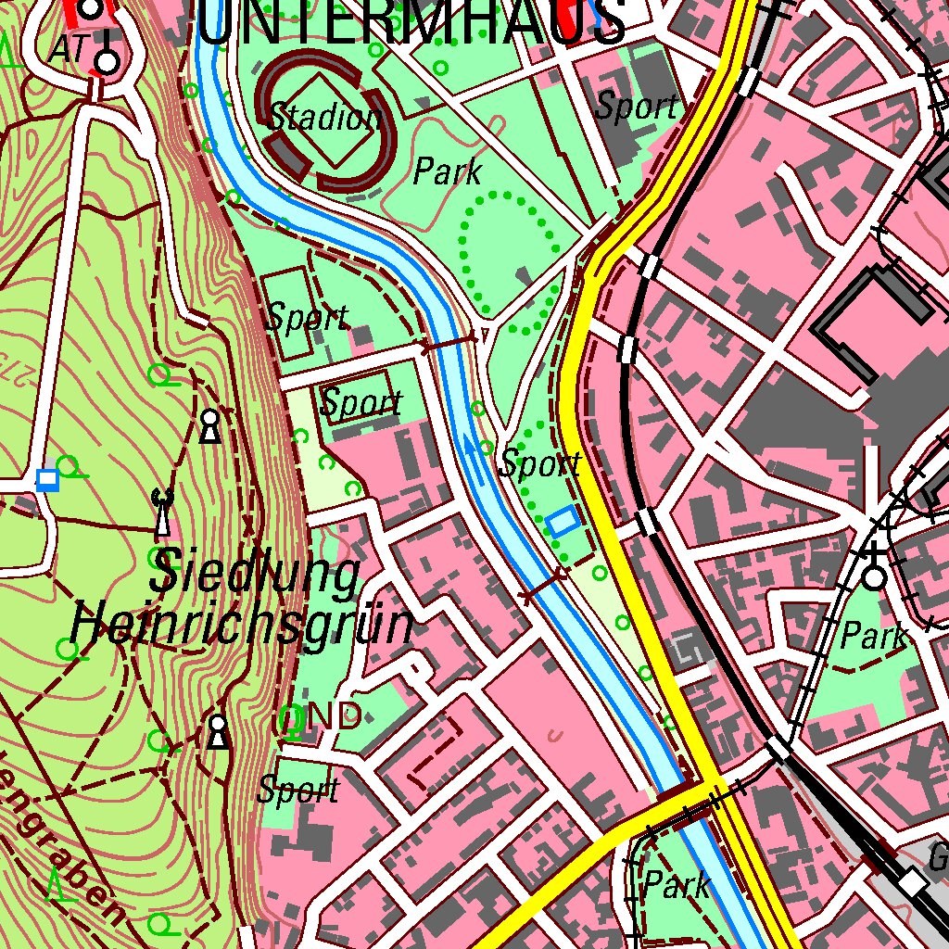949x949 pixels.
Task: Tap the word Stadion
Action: pos(324,119)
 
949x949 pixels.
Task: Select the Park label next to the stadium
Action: pos(448,171)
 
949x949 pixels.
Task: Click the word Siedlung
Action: pos(256,575)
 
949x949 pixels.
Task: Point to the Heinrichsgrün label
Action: pos(242,625)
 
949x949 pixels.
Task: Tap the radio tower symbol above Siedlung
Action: pos(163,513)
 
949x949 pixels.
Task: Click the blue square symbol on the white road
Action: pos(47,479)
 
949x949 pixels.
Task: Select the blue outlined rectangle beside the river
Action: pos(563,522)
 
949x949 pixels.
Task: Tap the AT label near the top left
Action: pos(68,50)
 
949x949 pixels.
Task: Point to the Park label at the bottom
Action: pos(677,884)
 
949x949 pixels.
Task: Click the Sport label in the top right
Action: pos(636,107)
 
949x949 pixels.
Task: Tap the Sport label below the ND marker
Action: pos(298,791)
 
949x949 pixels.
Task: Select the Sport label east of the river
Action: pos(540,463)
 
